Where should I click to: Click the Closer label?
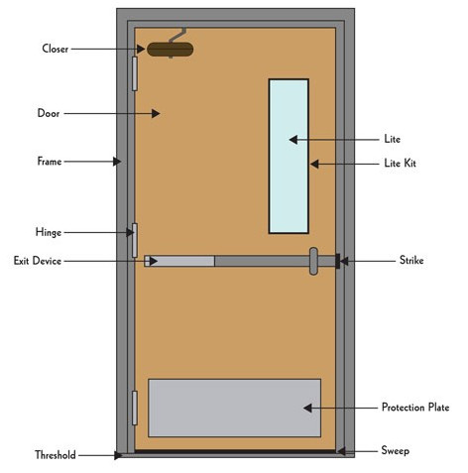(56, 49)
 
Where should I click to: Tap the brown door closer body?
(171, 50)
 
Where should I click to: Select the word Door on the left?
(49, 113)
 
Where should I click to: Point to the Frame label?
(50, 162)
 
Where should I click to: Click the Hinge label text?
(49, 232)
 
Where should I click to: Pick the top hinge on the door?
(135, 73)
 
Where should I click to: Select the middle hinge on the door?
(135, 240)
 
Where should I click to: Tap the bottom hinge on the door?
(135, 408)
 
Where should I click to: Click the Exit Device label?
(38, 261)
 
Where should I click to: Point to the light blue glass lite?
(289, 156)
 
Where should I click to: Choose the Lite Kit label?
(400, 163)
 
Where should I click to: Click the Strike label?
(411, 260)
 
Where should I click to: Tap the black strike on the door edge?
(338, 261)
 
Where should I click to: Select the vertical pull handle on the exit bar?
(313, 261)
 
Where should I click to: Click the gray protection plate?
(234, 408)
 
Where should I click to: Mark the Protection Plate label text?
(415, 408)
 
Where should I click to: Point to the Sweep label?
(396, 450)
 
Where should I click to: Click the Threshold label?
(56, 455)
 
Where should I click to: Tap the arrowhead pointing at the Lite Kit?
(314, 164)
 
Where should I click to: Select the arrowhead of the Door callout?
(156, 113)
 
